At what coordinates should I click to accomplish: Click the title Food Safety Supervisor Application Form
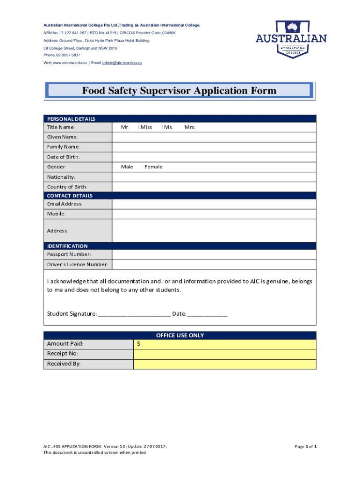[x=180, y=91]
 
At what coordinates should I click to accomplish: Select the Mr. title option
[x=125, y=127]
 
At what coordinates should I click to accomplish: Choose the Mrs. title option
[x=190, y=127]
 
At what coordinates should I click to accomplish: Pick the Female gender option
[x=153, y=167]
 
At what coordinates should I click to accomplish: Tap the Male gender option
[x=127, y=167]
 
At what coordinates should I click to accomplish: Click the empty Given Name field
[x=214, y=137]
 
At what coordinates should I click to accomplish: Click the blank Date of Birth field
[x=214, y=157]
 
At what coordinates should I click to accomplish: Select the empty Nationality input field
[x=214, y=177]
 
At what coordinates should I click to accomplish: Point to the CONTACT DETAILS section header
[x=70, y=196]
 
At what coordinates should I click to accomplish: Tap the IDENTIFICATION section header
[x=67, y=246]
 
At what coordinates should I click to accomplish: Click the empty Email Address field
[x=214, y=204]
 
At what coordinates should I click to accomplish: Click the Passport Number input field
[x=214, y=254]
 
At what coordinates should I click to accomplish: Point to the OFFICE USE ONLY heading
[x=180, y=335]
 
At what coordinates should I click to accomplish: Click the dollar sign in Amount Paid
[x=139, y=344]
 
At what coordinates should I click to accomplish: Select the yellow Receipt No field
[x=224, y=354]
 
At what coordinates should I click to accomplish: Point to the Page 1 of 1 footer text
[x=305, y=447]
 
